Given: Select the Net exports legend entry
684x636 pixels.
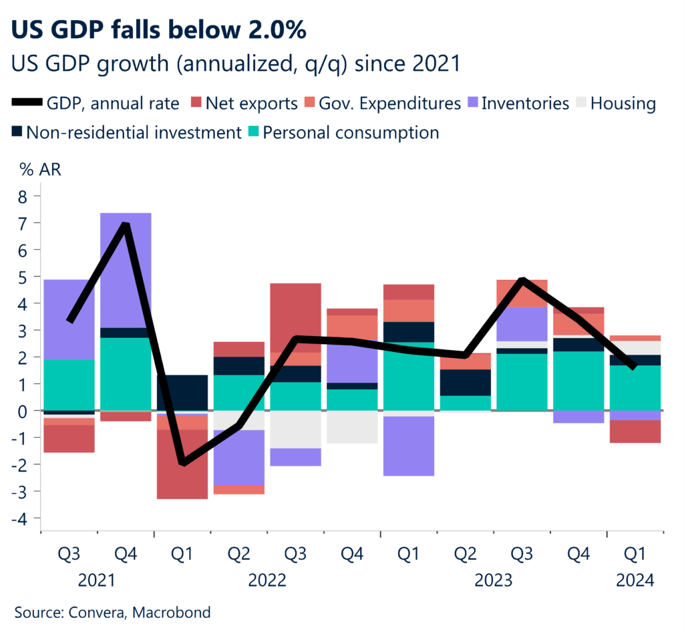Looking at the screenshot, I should pos(251,104).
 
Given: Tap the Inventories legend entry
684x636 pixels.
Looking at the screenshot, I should pos(524,104).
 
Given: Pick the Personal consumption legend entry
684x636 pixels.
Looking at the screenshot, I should pos(351,132).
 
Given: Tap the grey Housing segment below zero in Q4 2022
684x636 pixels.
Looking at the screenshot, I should pos(352,427).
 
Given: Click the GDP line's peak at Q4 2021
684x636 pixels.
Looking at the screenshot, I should pos(126,225).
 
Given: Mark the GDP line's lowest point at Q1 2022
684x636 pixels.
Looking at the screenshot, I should pos(182,462).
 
